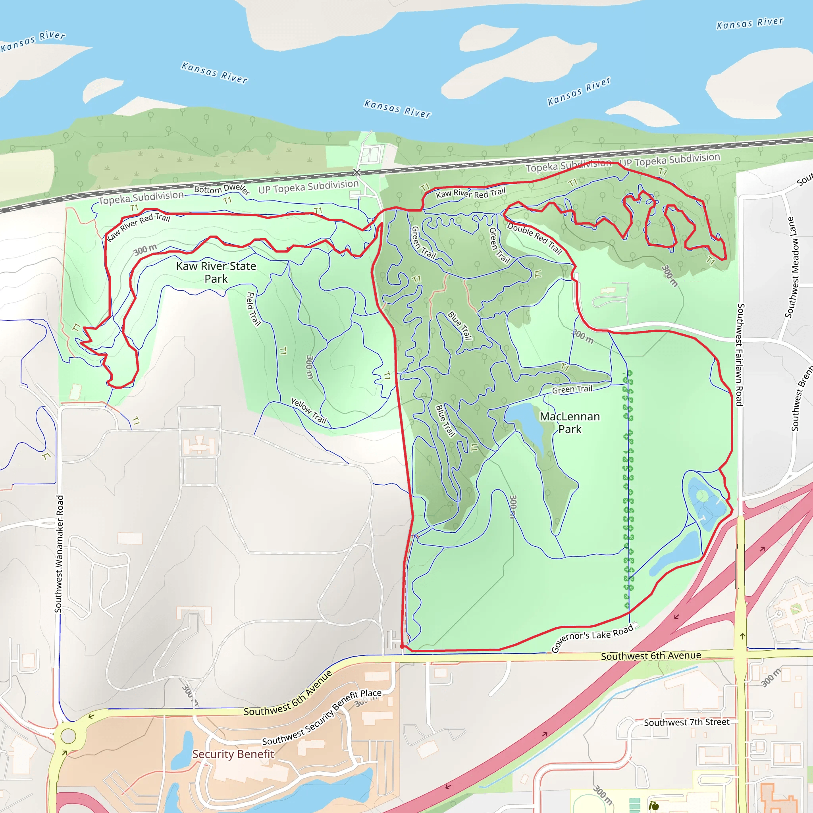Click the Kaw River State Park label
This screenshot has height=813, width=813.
tap(216, 272)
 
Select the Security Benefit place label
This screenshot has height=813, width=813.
tap(233, 754)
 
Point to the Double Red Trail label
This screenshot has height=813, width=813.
tap(534, 239)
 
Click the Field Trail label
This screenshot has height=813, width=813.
tap(253, 309)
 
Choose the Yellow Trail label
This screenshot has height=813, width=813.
tap(309, 411)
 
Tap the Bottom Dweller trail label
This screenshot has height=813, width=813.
tap(222, 189)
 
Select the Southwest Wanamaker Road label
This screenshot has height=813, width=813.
tap(59, 554)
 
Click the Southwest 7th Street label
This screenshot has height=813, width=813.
tap(686, 722)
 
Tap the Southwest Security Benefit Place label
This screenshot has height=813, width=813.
tap(322, 717)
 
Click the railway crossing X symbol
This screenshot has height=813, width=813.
tap(356, 172)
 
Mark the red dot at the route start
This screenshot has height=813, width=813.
tap(402, 646)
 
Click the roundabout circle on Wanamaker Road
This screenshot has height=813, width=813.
tap(68, 736)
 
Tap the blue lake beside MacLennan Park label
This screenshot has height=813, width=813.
tap(526, 425)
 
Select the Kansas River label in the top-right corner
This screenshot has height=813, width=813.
tap(750, 23)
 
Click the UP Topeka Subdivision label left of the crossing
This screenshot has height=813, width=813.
tap(308, 187)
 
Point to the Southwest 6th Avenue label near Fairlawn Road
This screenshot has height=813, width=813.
tap(651, 656)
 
